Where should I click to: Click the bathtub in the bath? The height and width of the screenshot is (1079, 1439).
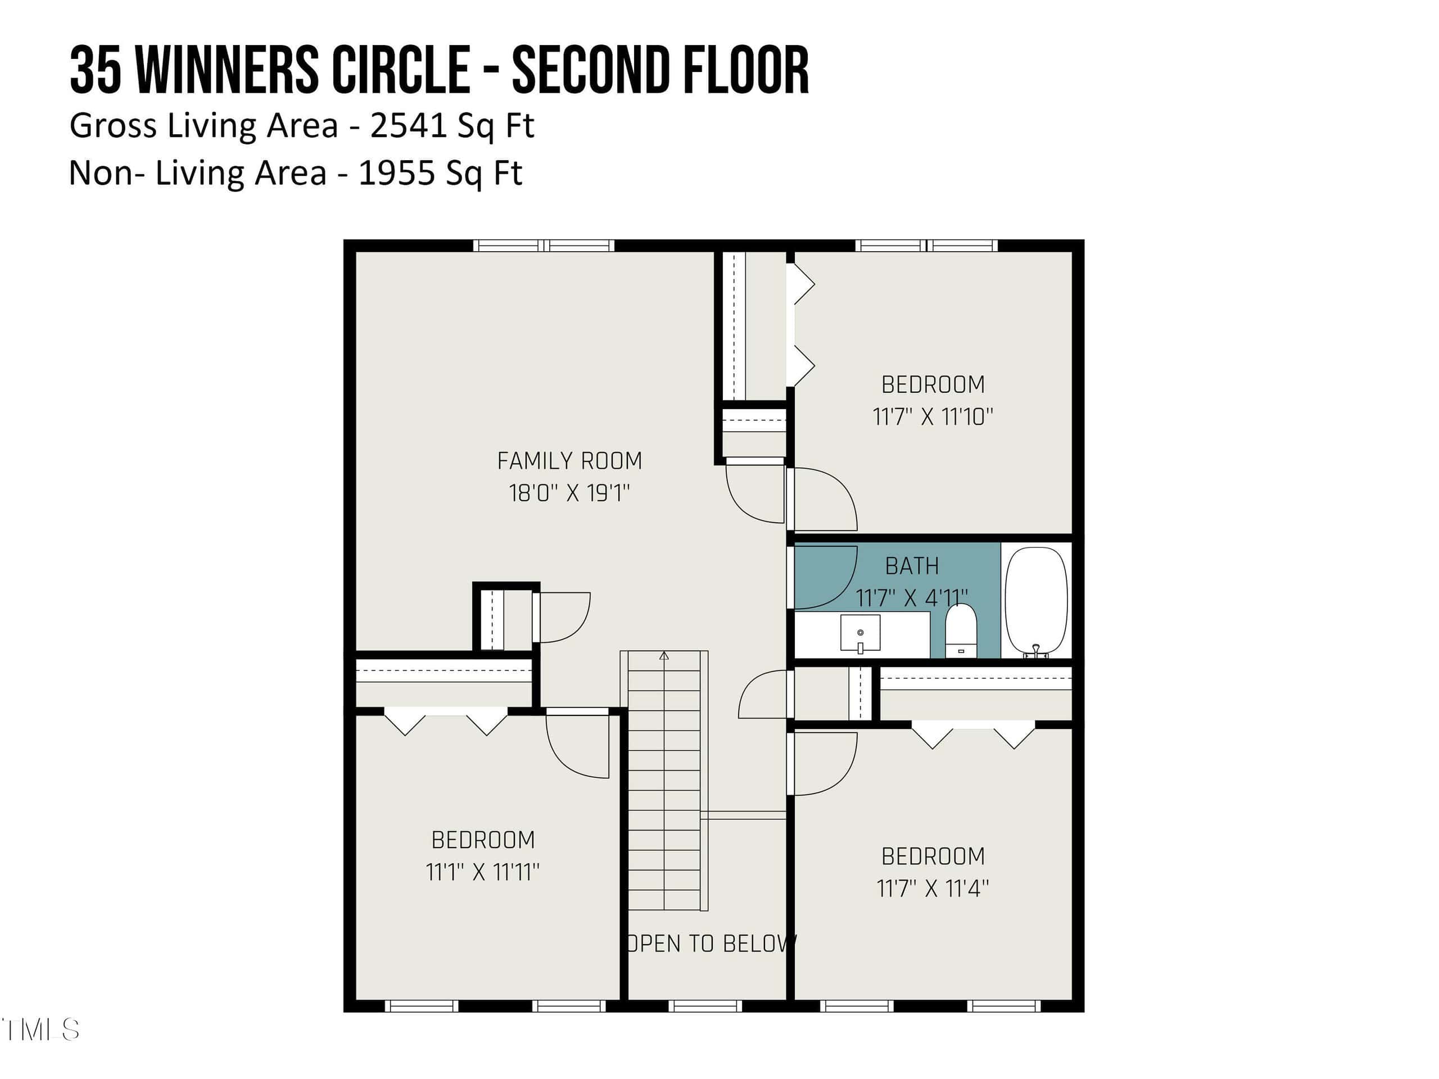pyautogui.click(x=1037, y=601)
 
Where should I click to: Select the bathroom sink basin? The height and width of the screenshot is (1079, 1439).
pyautogui.click(x=860, y=633)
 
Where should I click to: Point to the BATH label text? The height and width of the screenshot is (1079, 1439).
pyautogui.click(x=912, y=566)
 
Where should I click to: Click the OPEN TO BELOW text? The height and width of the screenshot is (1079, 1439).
pyautogui.click(x=711, y=943)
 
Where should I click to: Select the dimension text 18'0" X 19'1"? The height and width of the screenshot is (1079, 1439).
pyautogui.click(x=569, y=493)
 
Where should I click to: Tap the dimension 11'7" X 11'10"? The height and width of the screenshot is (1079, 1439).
pyautogui.click(x=933, y=416)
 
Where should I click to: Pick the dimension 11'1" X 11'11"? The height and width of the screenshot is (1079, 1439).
pyautogui.click(x=483, y=872)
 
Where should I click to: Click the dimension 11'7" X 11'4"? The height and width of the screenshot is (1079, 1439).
pyautogui.click(x=933, y=888)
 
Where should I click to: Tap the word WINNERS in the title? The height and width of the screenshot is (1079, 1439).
pyautogui.click(x=227, y=70)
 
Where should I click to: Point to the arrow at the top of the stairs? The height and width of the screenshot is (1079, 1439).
pyautogui.click(x=663, y=656)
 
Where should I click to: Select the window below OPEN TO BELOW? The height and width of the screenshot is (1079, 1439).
pyautogui.click(x=705, y=1005)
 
